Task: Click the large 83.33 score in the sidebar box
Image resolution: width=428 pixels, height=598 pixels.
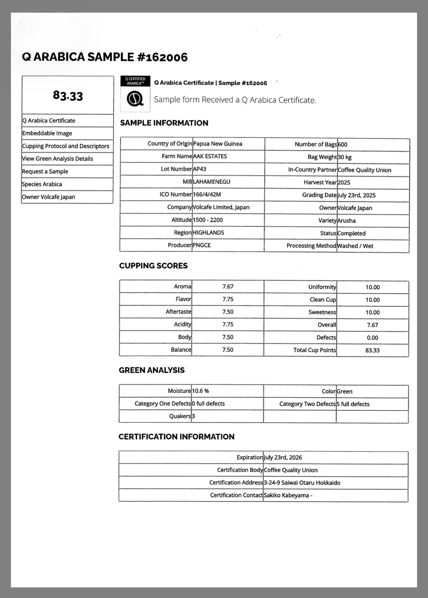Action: pyautogui.click(x=68, y=96)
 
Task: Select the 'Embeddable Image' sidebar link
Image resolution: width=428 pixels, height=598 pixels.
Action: pyautogui.click(x=47, y=133)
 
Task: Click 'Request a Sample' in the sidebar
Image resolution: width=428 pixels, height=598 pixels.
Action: pyautogui.click(x=45, y=171)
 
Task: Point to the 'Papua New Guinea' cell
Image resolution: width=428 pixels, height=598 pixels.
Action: pyautogui.click(x=218, y=144)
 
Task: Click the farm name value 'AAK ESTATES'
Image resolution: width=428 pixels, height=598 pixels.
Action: pyautogui.click(x=210, y=156)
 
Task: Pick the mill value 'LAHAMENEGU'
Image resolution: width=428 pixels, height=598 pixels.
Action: pyautogui.click(x=212, y=182)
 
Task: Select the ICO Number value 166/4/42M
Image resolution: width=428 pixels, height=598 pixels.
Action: pyautogui.click(x=207, y=194)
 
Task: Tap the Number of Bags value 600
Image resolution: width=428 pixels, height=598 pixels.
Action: pyautogui.click(x=342, y=144)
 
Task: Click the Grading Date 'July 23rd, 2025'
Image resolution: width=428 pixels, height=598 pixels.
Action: pyautogui.click(x=357, y=195)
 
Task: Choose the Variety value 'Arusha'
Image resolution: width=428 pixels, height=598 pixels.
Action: pyautogui.click(x=346, y=220)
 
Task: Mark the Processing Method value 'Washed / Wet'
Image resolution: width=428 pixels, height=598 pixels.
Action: pyautogui.click(x=355, y=246)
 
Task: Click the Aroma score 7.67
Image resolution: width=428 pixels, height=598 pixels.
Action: pyautogui.click(x=228, y=287)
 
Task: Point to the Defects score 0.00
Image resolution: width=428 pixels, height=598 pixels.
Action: pyautogui.click(x=372, y=338)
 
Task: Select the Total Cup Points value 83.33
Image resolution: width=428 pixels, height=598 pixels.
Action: pyautogui.click(x=372, y=350)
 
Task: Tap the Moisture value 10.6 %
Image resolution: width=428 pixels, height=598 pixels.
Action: pyautogui.click(x=200, y=391)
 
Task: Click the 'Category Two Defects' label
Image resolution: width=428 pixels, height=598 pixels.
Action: pyautogui.click(x=307, y=404)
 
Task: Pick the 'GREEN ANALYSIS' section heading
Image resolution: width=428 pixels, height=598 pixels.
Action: pyautogui.click(x=152, y=370)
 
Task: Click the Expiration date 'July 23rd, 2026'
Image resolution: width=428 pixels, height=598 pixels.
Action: pyautogui.click(x=283, y=458)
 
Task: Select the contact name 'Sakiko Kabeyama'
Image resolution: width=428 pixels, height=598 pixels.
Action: pyautogui.click(x=286, y=495)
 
